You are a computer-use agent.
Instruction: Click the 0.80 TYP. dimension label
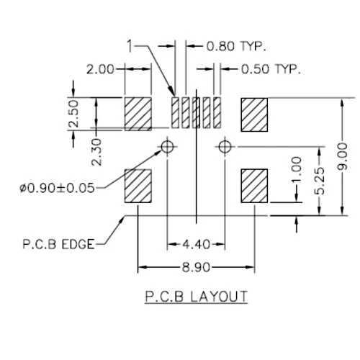pyautogui.click(x=236, y=46)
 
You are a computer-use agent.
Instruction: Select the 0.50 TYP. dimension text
pyautogui.click(x=271, y=69)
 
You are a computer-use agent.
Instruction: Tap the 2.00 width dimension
pyautogui.click(x=100, y=69)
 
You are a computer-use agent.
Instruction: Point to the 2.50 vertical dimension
pyautogui.click(x=73, y=114)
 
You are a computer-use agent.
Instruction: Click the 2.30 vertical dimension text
pyautogui.click(x=96, y=152)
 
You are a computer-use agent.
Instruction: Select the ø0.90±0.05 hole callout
pyautogui.click(x=57, y=188)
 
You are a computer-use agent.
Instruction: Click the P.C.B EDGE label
pyautogui.click(x=58, y=244)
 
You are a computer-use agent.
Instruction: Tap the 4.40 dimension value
pyautogui.click(x=196, y=244)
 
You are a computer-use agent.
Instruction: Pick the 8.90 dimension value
pyautogui.click(x=196, y=267)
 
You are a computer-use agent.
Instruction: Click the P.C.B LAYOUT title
pyautogui.click(x=196, y=297)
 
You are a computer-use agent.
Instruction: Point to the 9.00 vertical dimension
pyautogui.click(x=342, y=156)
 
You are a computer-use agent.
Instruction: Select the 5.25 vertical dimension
pyautogui.click(x=320, y=181)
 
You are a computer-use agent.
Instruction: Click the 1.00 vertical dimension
pyautogui.click(x=297, y=169)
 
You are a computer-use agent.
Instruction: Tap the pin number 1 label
pyautogui.click(x=130, y=46)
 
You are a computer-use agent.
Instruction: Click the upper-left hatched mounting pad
pyautogui.click(x=138, y=114)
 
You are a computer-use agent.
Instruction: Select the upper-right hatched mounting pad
pyautogui.click(x=254, y=114)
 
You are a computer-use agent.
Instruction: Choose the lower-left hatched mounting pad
pyautogui.click(x=138, y=186)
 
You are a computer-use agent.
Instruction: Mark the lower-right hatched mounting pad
pyautogui.click(x=254, y=186)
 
